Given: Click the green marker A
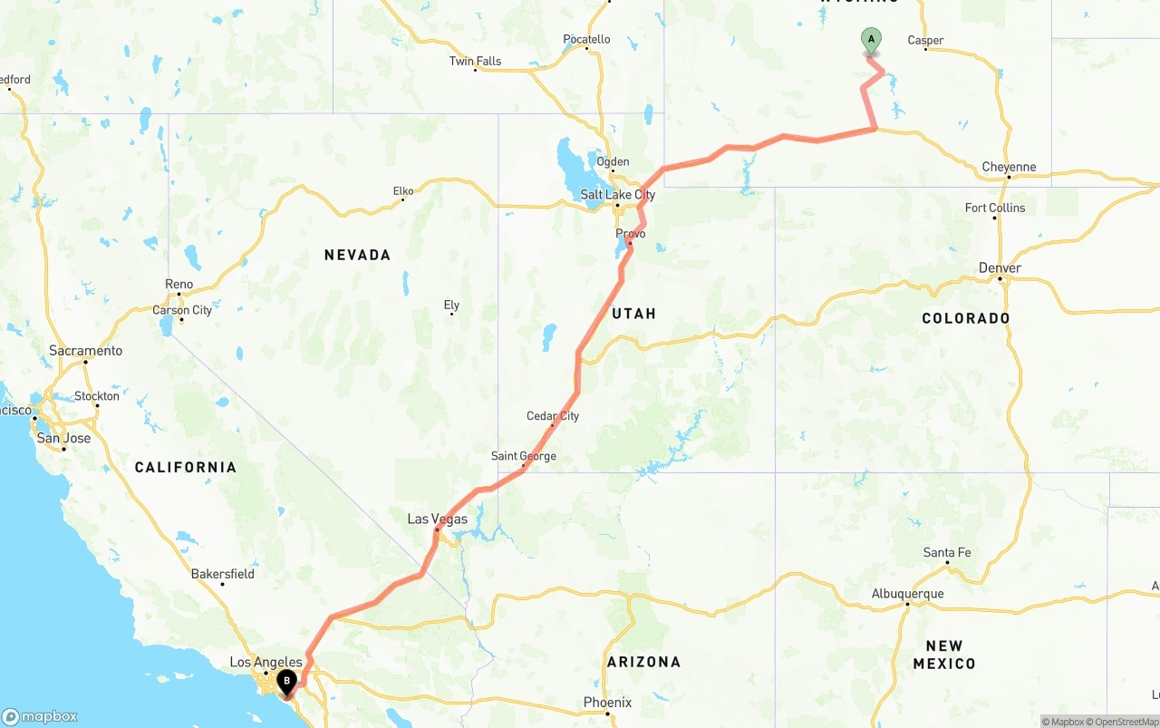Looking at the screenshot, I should (871, 40).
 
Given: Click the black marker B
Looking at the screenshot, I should (286, 681).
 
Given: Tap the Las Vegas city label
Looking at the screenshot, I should (438, 519).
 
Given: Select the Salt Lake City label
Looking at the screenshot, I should (618, 195).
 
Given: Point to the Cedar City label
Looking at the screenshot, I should (553, 416).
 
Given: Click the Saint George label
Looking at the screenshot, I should (524, 456).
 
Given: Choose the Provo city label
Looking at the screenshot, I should (631, 234).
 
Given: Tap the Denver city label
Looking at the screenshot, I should (1000, 268).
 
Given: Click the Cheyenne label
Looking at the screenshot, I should (1009, 167).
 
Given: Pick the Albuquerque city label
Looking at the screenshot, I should (907, 594).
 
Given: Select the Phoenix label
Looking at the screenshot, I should (608, 703).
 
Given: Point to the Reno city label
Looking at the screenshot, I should (179, 285).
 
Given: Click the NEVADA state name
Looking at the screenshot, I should (357, 256).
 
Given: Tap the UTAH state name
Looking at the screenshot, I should (633, 314).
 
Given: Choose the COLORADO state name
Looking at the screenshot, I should (965, 318).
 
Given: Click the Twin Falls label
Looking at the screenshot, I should (475, 62).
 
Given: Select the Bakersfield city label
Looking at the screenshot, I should (223, 574).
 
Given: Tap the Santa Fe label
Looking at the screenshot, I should (947, 553).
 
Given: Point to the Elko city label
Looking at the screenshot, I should (403, 191).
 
